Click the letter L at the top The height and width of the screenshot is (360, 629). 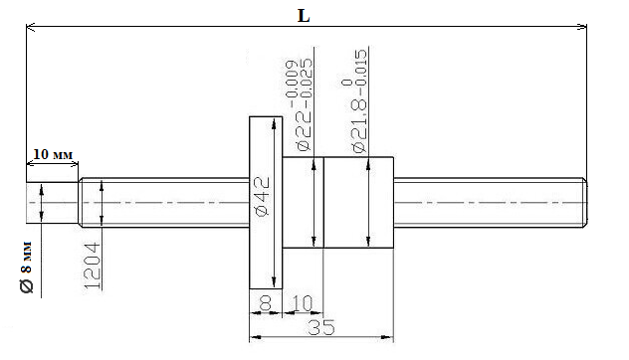(x=304, y=16)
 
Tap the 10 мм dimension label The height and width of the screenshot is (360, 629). (x=53, y=154)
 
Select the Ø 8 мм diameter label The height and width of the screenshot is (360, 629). (x=27, y=267)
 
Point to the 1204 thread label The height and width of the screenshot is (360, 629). (x=93, y=266)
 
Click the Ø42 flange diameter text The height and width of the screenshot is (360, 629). (x=263, y=197)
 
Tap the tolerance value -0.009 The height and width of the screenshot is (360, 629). (x=292, y=80)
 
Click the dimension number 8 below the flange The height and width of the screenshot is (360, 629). (x=265, y=303)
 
